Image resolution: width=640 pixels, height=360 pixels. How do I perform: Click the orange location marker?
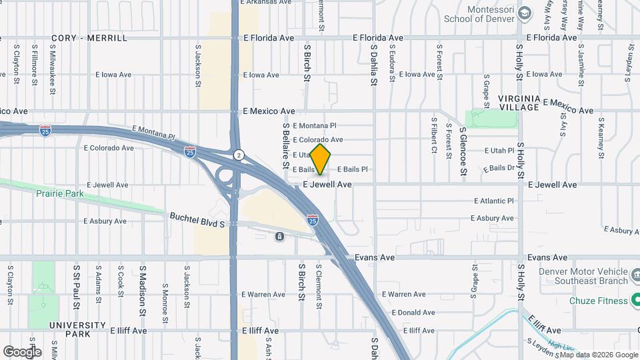tap(321, 159)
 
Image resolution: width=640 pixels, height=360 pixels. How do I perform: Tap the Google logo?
tap(22, 351)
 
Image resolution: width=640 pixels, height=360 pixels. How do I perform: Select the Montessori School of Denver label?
tap(482, 14)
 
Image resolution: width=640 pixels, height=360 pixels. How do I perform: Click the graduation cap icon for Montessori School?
tap(525, 13)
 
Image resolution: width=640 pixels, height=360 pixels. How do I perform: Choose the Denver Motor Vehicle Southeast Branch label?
tap(579, 278)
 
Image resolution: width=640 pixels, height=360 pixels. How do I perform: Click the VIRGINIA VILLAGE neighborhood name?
tap(519, 103)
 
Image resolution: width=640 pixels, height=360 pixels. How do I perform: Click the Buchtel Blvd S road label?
tap(197, 220)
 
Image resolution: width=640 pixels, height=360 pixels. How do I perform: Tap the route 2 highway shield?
tap(238, 155)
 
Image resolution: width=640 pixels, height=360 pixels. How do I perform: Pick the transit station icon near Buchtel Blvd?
tap(279, 236)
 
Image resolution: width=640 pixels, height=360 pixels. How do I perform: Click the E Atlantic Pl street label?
tap(494, 201)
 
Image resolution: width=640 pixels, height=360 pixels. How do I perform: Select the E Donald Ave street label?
tap(413, 312)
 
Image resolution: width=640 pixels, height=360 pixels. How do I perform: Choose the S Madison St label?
tap(142, 291)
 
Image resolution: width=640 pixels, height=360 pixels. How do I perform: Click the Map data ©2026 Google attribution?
tap(599, 354)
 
